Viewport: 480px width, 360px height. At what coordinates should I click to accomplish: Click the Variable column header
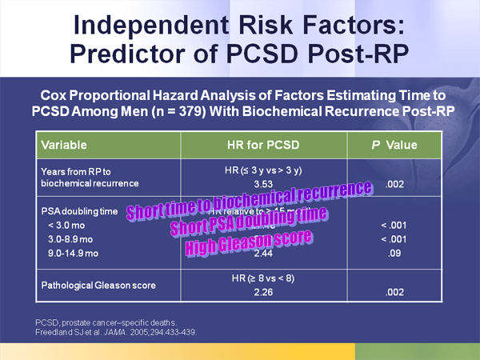coord(64,146)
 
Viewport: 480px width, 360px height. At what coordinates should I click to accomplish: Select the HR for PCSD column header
coord(256,146)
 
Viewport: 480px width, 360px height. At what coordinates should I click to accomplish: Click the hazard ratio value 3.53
coord(253,183)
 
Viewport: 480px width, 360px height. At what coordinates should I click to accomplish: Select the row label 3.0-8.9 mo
coord(72,239)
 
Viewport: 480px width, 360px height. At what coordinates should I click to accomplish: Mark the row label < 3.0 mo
coord(67,226)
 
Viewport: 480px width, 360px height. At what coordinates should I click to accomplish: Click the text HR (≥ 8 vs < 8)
coord(253,278)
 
